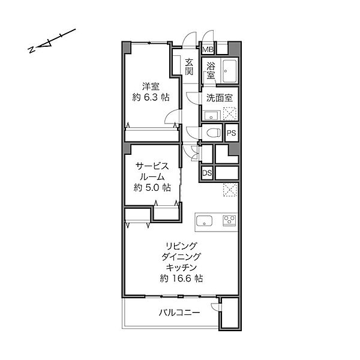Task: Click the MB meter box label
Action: [x=208, y=49]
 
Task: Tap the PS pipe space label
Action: [x=232, y=133]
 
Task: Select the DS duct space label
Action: [x=207, y=173]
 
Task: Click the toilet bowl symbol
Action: [x=214, y=133]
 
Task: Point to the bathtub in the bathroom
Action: [x=230, y=71]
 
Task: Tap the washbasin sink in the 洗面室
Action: [x=211, y=115]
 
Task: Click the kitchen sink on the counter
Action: [x=204, y=221]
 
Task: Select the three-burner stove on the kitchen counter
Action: [x=229, y=220]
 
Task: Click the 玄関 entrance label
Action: [x=189, y=67]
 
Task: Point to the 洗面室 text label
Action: [x=220, y=98]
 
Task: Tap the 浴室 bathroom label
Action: [x=211, y=71]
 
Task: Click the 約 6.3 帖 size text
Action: [x=151, y=97]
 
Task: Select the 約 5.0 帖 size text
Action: [x=152, y=188]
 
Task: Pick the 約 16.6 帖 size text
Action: [x=181, y=278]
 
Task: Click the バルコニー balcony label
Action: [x=179, y=313]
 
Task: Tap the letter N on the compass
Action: [x=31, y=50]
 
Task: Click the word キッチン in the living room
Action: [x=181, y=268]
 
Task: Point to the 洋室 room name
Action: [x=151, y=87]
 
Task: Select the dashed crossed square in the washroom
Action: [x=230, y=113]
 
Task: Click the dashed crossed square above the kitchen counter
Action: [x=230, y=190]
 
